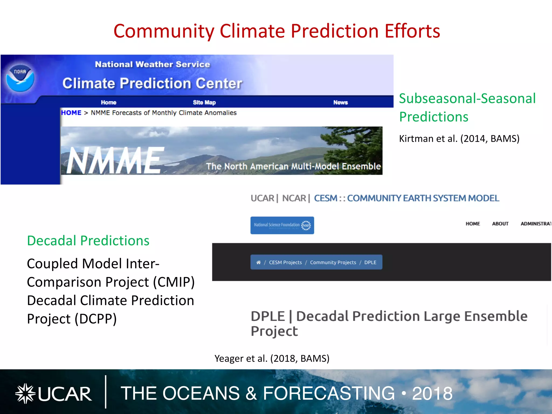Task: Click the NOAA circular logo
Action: [20, 78]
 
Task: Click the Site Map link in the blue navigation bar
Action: [204, 102]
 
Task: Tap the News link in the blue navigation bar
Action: [340, 102]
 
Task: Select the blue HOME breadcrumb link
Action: [71, 113]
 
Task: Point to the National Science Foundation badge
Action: [282, 225]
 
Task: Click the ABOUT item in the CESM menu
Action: [500, 224]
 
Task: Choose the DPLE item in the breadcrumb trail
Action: [370, 262]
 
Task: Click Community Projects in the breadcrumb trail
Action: [333, 262]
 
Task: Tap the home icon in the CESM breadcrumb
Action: [258, 262]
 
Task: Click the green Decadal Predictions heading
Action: [88, 240]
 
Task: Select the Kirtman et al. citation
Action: [459, 139]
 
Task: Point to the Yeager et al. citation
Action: [272, 358]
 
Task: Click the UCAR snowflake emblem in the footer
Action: [25, 394]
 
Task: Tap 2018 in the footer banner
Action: [432, 394]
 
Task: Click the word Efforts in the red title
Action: [412, 31]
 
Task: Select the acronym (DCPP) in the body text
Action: [96, 319]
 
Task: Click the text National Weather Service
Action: [152, 64]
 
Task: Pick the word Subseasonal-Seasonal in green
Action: [467, 98]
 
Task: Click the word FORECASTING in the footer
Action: [329, 394]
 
